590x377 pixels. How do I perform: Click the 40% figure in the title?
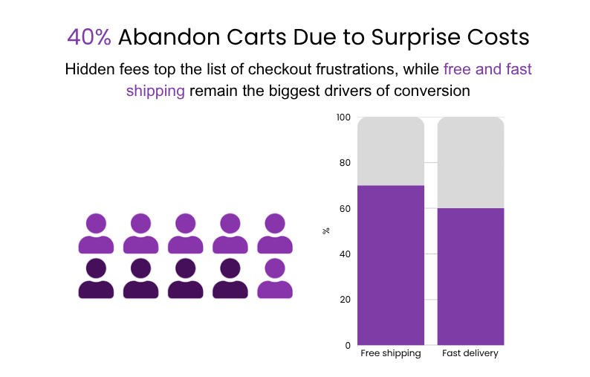coord(89,36)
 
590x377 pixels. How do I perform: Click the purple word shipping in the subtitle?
coord(155,91)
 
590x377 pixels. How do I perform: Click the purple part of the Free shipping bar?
coord(391,265)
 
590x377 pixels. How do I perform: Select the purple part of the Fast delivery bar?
coord(470,277)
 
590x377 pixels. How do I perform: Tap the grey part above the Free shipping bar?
coord(391,152)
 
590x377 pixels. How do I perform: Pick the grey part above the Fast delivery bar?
coord(470,163)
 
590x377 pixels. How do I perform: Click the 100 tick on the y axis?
coord(343,117)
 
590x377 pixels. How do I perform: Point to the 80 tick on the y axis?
coord(345,163)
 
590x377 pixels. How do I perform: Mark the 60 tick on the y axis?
coord(345,209)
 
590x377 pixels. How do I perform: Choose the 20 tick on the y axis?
coord(345,300)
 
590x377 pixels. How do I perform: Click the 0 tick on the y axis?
coord(347,345)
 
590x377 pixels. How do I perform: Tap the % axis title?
coord(326,231)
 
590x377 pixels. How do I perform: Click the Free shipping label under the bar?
coord(391,354)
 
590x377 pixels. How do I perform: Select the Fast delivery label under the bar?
coord(470,354)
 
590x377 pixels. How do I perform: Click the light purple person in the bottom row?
coord(275,279)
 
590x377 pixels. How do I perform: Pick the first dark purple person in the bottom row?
coord(96,279)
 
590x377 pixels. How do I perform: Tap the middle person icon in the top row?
coord(186,233)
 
